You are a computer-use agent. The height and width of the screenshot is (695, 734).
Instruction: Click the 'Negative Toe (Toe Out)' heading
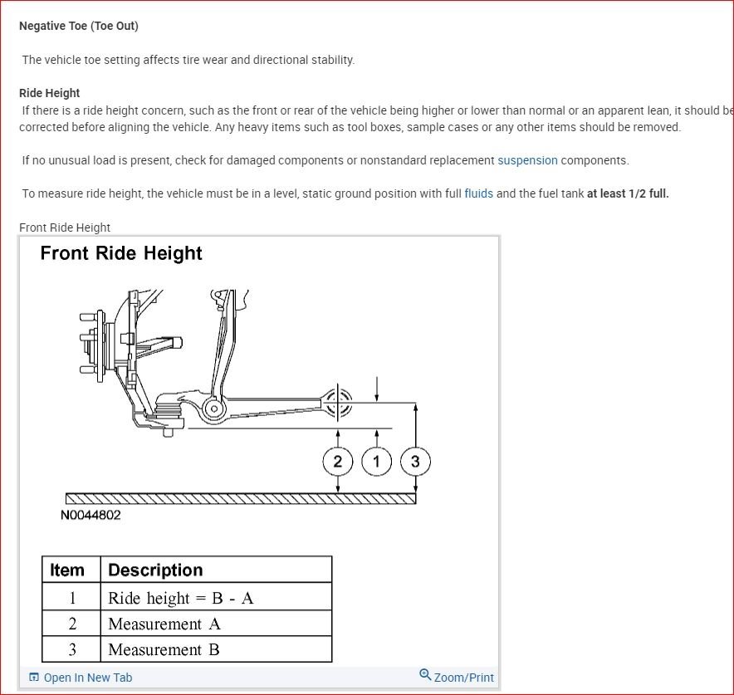pyautogui.click(x=79, y=26)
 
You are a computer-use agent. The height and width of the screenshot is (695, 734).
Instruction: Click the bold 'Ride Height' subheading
pyautogui.click(x=50, y=93)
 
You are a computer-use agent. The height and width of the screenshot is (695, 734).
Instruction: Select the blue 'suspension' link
pyautogui.click(x=527, y=160)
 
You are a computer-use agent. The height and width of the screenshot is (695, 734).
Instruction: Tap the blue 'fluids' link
pyautogui.click(x=478, y=193)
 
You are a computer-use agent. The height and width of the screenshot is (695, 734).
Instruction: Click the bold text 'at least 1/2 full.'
pyautogui.click(x=628, y=193)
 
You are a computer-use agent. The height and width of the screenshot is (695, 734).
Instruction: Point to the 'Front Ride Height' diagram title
pyautogui.click(x=121, y=253)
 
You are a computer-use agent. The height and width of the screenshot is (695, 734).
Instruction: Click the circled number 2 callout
pyautogui.click(x=338, y=462)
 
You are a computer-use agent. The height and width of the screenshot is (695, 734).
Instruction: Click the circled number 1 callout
pyautogui.click(x=377, y=462)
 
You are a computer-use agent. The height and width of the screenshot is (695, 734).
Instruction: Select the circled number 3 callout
pyautogui.click(x=415, y=462)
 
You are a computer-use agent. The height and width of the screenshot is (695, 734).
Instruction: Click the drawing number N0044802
pyautogui.click(x=91, y=515)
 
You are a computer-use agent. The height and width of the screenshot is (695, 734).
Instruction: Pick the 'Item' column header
pyautogui.click(x=67, y=570)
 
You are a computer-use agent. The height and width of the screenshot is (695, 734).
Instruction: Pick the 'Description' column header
pyautogui.click(x=155, y=570)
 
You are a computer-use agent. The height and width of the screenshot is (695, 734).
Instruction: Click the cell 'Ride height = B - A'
pyautogui.click(x=181, y=598)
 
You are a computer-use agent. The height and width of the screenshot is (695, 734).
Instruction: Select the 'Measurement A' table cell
pyautogui.click(x=164, y=624)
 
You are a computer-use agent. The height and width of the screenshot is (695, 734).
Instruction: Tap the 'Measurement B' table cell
pyautogui.click(x=164, y=649)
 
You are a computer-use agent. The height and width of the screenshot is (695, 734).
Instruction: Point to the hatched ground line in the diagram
pyautogui.click(x=241, y=498)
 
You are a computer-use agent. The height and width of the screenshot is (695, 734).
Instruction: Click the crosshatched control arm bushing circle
pyautogui.click(x=338, y=404)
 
